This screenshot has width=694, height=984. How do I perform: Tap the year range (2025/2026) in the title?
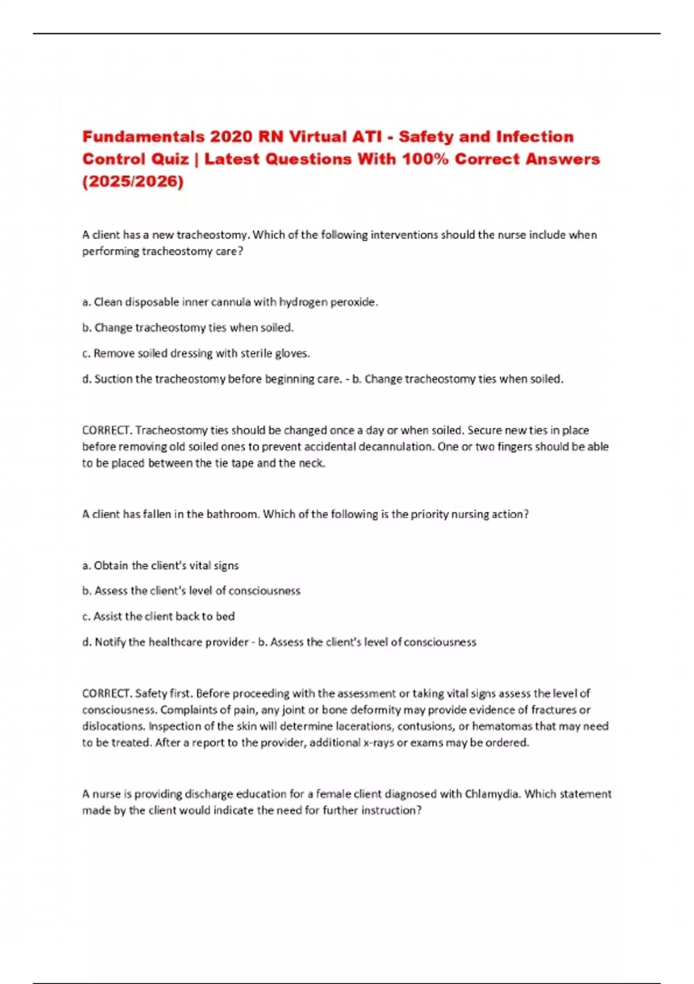(132, 182)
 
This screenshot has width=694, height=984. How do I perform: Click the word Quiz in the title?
(170, 159)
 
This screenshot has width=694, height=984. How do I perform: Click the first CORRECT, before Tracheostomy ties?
(108, 431)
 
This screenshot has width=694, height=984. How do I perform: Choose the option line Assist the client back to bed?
(158, 616)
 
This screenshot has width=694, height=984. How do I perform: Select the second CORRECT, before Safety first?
(108, 693)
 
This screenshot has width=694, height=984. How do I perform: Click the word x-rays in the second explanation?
(378, 743)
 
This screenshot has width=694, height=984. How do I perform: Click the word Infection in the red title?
(536, 137)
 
